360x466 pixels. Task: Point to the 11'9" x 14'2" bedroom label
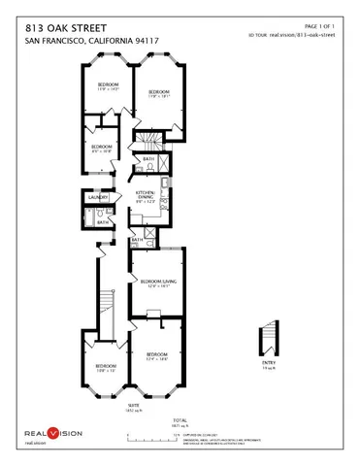pos(108,87)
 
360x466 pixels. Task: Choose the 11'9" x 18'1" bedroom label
pos(158,94)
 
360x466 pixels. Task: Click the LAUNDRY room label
pos(96,197)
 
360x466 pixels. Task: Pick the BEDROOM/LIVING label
pos(157,283)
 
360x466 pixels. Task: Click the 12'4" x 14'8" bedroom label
pos(157,356)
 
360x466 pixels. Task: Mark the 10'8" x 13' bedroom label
pos(106,368)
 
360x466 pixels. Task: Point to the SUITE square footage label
pos(135,409)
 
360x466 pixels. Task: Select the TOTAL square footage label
pos(179,422)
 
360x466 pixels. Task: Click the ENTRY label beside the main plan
pos(269,368)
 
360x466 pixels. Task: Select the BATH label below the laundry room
pos(103,221)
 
